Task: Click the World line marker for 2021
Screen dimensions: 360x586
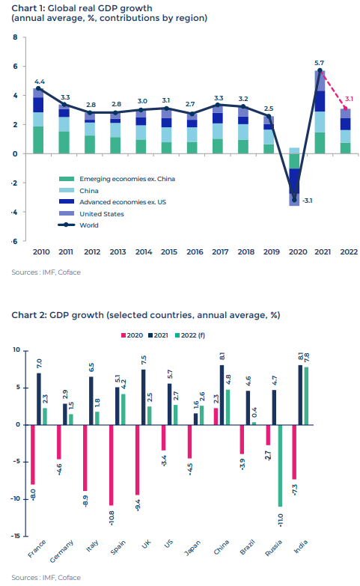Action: coord(320,70)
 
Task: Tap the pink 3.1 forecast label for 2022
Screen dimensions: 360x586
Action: coord(349,99)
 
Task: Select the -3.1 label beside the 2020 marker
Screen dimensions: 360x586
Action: coord(307,201)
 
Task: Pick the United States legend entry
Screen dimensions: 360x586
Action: coord(91,214)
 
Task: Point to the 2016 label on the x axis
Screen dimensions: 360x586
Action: coord(195,252)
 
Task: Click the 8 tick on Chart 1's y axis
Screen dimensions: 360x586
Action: coord(15,37)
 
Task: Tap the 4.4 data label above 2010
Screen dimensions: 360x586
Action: coord(40,82)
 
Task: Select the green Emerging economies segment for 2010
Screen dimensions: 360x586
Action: coord(38,140)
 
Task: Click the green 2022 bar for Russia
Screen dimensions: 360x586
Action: coord(280,466)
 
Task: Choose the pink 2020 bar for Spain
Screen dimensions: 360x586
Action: coord(111,465)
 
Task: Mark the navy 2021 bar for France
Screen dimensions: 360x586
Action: coord(39,399)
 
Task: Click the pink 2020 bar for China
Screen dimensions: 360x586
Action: coord(216,416)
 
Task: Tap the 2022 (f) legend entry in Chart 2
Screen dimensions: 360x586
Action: coord(190,335)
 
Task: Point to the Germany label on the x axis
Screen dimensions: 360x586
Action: coord(61,552)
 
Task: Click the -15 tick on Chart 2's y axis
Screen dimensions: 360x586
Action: coord(15,536)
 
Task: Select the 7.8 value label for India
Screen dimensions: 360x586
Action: coord(307,358)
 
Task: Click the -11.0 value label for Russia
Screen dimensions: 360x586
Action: coord(281,520)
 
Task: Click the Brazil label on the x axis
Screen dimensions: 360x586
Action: coord(247,547)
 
